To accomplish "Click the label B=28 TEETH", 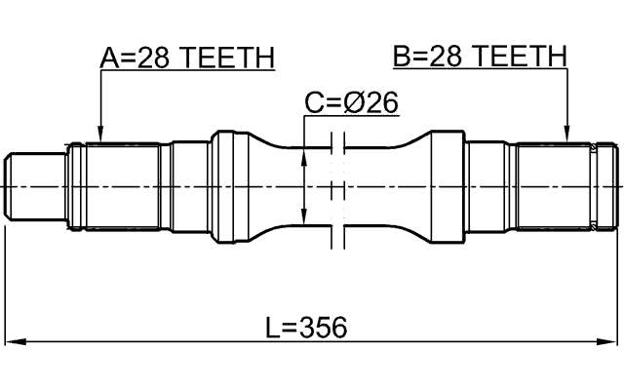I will tap(479, 57).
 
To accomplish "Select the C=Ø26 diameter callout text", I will tap(351, 103).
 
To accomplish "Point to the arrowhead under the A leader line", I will tap(100, 136).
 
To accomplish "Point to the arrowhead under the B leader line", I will tap(566, 136).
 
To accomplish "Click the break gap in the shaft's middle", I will tap(337, 185).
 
